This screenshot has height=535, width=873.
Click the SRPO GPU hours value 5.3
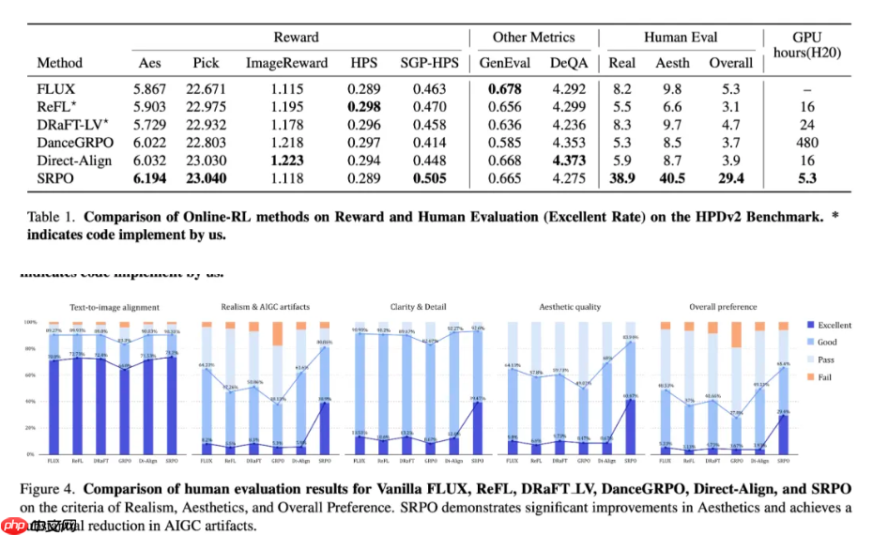[807, 178]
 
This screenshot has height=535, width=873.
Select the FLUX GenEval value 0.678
[505, 89]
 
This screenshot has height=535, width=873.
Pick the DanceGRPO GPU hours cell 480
[807, 143]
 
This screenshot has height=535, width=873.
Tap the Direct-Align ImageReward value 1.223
[286, 160]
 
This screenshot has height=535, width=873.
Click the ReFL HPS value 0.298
[364, 107]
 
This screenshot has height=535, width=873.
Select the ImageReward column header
[286, 63]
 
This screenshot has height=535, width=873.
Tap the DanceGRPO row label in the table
[74, 143]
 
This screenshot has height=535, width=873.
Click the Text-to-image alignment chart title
[115, 307]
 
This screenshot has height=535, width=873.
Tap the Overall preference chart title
[722, 307]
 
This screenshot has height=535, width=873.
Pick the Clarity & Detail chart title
[419, 307]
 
